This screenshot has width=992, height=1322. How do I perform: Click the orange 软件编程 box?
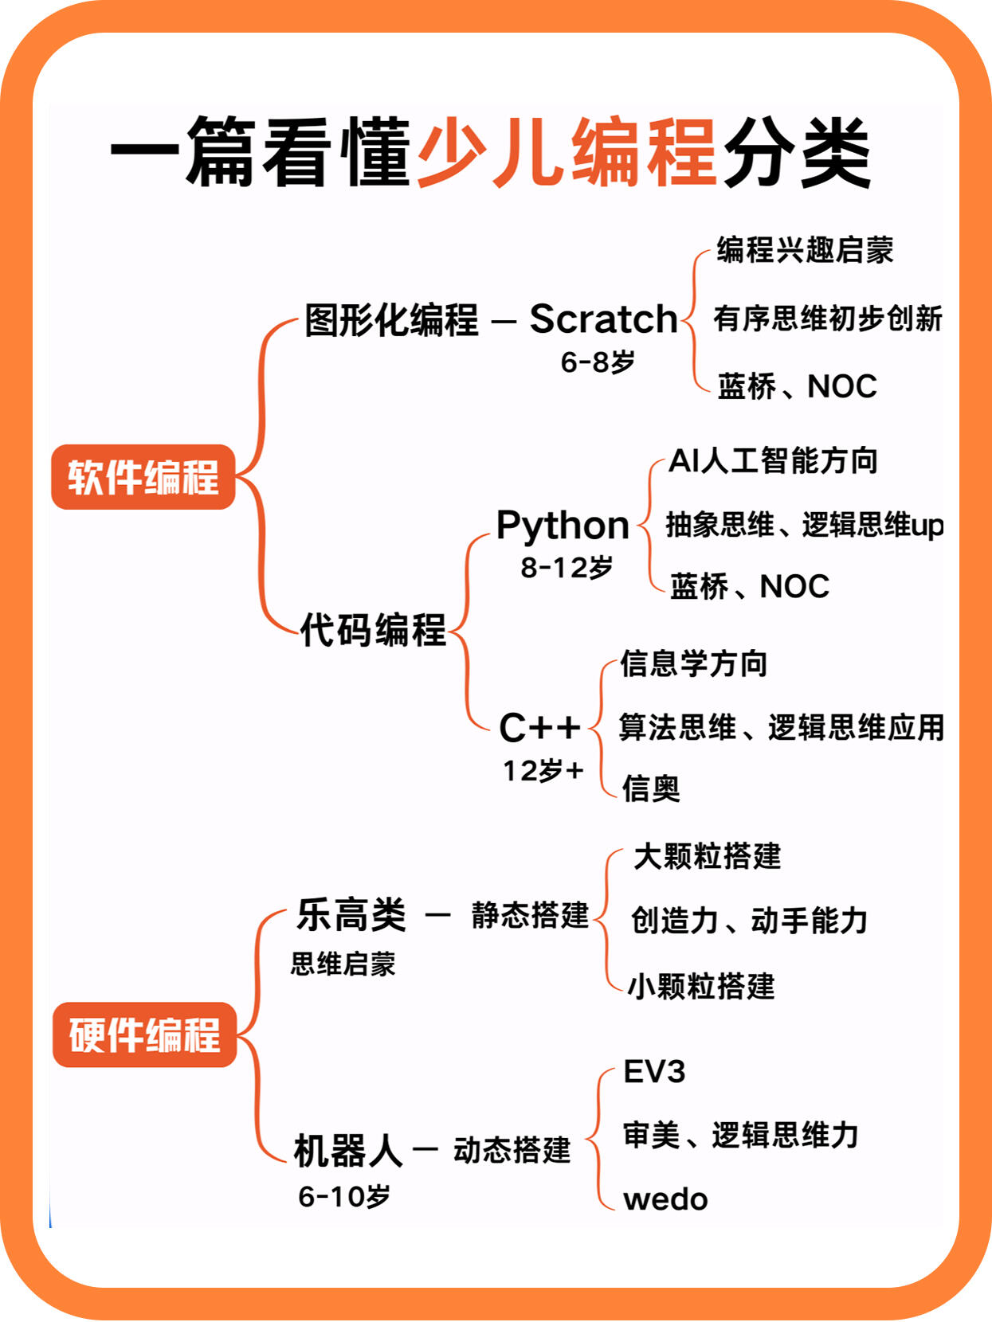tap(143, 477)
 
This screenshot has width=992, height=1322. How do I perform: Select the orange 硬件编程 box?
tap(144, 1035)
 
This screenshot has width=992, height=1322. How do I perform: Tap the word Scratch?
tap(603, 319)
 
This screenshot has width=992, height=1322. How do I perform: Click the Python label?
tap(563, 525)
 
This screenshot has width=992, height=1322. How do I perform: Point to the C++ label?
tap(539, 727)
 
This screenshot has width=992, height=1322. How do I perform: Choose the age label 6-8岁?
tap(598, 362)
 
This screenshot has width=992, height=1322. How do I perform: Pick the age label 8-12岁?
tap(567, 567)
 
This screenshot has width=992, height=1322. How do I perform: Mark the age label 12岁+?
tap(543, 770)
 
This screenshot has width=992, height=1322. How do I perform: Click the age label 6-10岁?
tap(344, 1196)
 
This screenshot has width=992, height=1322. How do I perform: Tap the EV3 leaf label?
tap(654, 1072)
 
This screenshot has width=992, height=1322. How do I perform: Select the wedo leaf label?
tap(665, 1199)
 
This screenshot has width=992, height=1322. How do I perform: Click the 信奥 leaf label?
tap(651, 789)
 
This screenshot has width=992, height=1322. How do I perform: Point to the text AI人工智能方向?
tap(774, 461)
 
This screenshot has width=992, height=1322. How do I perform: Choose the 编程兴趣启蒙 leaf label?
tap(806, 250)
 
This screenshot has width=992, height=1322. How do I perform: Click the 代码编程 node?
tap(374, 630)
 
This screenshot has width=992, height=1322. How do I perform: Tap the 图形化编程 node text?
tap(391, 319)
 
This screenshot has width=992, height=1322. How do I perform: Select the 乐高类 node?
tap(351, 915)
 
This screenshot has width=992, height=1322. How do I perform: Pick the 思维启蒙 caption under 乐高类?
tap(343, 964)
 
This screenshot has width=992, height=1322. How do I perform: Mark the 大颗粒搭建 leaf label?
tap(707, 856)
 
